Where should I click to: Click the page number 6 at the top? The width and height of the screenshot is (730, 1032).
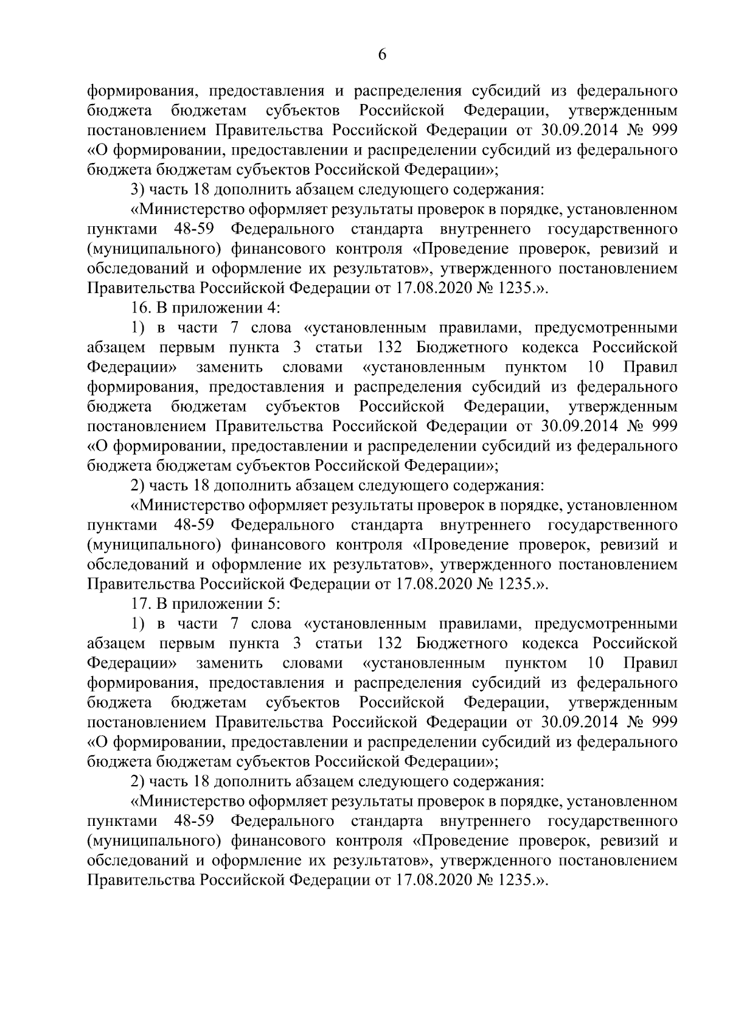click(x=382, y=55)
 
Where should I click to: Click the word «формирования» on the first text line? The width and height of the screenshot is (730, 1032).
click(x=140, y=92)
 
